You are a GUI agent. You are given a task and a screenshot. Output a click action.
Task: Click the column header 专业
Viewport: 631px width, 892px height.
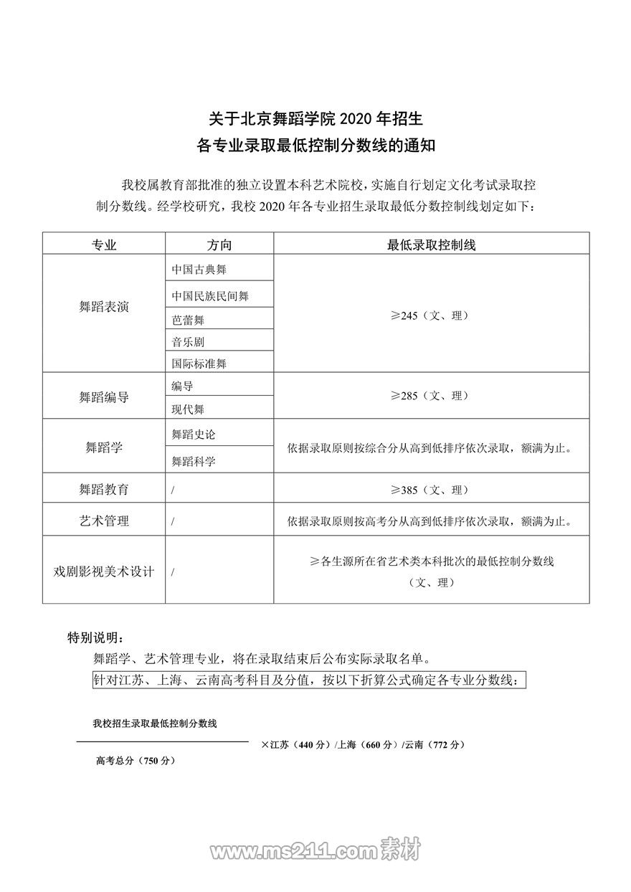tap(104, 245)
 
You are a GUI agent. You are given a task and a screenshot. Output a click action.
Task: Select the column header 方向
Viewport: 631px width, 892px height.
tap(219, 245)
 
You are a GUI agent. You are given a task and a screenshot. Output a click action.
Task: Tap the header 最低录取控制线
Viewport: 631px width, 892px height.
tap(431, 245)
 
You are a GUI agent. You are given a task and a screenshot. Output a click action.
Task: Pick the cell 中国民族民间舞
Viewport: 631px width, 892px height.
tap(210, 295)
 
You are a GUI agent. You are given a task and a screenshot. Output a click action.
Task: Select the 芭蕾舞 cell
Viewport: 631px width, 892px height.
tap(188, 320)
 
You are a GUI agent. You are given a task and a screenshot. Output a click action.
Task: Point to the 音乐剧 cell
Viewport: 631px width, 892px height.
tap(188, 342)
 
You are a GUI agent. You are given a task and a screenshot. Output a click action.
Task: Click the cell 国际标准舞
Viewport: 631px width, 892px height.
tap(199, 364)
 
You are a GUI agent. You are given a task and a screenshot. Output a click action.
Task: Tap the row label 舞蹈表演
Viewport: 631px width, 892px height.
tap(104, 308)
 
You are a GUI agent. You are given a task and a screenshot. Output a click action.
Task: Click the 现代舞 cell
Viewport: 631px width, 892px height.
tap(188, 409)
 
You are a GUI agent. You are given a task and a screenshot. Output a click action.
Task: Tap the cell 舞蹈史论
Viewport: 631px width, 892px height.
tap(194, 435)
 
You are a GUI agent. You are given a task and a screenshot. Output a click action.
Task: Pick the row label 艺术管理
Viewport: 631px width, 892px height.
tap(104, 521)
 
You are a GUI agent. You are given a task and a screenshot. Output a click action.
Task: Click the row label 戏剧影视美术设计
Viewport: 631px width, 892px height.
tap(104, 572)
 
